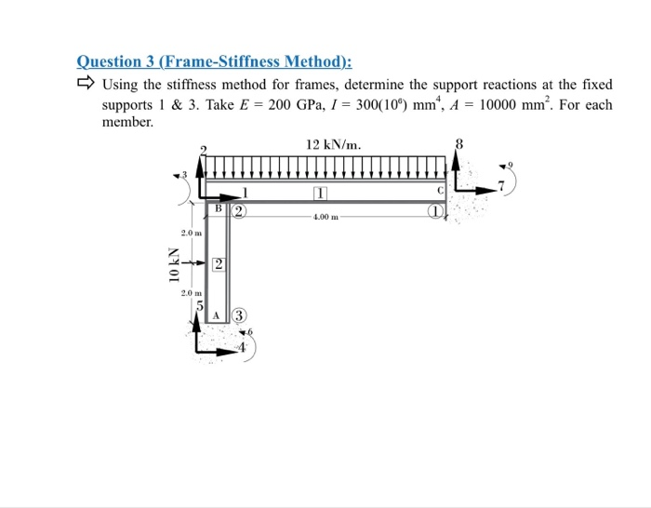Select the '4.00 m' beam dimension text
coord(325,216)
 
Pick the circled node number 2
coord(238,210)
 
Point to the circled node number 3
coord(239,314)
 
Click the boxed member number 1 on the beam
coord(321,194)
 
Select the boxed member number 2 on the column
coord(217,266)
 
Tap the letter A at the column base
coord(216,315)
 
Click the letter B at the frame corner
coord(219,209)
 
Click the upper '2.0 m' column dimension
coord(192,233)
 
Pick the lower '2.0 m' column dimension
coord(192,293)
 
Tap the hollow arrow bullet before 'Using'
coord(86,85)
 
